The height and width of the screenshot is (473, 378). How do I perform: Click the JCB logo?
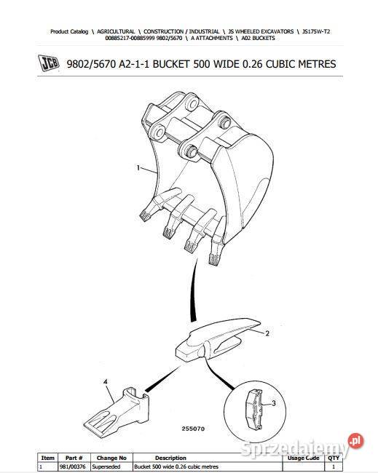pos(49,63)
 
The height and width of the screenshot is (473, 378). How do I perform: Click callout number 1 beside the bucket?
pos(138,167)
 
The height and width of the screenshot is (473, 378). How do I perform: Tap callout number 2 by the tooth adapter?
pos(267,333)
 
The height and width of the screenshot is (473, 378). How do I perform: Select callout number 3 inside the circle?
pos(274,403)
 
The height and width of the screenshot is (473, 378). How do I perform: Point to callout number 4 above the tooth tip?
pos(105,382)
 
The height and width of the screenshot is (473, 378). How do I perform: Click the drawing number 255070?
pos(193,429)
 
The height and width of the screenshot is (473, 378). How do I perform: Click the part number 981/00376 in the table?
pos(72,466)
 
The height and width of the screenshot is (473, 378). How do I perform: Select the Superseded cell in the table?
pos(106,466)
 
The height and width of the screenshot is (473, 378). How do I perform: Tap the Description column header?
pos(170,458)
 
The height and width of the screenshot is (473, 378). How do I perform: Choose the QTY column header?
pos(334,458)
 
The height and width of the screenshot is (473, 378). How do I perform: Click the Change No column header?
pos(111,458)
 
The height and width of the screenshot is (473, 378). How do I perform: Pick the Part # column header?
pos(74,458)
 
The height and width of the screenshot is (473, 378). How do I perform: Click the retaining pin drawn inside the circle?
pos(255,409)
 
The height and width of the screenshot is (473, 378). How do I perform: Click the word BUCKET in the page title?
pos(171,64)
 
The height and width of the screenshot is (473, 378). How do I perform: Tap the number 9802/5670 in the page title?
pos(91,64)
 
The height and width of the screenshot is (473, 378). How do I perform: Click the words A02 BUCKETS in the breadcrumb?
pos(258,39)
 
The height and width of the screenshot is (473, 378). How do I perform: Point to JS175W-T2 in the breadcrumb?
pos(316,31)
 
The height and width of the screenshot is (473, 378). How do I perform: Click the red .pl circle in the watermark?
pos(355,441)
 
